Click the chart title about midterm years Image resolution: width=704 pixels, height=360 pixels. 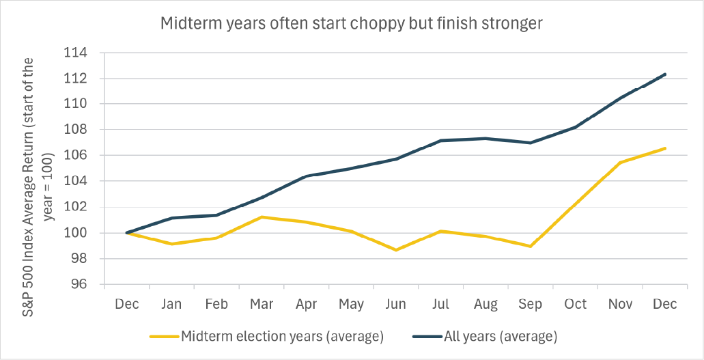[x=352, y=24]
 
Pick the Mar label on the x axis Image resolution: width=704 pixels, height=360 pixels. [x=262, y=304]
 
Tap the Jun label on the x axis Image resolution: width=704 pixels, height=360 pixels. [x=395, y=304]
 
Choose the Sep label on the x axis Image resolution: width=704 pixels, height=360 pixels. [x=531, y=305]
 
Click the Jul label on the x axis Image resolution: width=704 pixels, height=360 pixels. [x=440, y=304]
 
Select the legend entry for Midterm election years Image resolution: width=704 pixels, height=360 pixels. [x=266, y=337]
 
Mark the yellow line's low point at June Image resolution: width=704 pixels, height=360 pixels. [x=396, y=250]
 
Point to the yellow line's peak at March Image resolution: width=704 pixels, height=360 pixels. [x=262, y=217]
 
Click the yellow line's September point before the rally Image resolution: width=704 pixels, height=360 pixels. [x=531, y=247]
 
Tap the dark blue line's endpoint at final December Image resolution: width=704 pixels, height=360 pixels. [x=664, y=74]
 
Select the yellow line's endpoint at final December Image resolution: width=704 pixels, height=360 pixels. [x=664, y=148]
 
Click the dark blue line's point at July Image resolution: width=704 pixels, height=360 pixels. [x=440, y=141]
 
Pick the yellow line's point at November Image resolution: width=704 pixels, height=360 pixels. [x=620, y=163]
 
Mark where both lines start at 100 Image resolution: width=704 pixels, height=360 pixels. [x=127, y=233]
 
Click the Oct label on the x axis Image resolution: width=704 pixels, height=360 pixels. [x=575, y=304]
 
